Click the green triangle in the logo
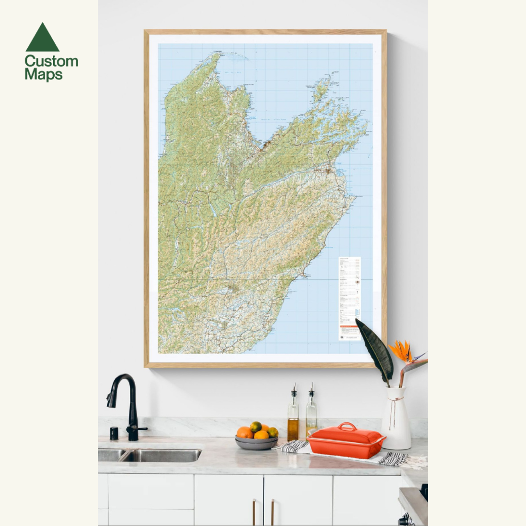(x=42, y=38)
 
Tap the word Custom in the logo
(x=51, y=61)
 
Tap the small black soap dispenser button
(x=114, y=433)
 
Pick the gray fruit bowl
(x=257, y=443)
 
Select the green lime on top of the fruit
(x=256, y=427)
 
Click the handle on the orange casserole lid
(x=347, y=426)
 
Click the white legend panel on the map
(x=349, y=298)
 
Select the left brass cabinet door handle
(x=254, y=512)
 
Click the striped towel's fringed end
(x=413, y=461)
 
